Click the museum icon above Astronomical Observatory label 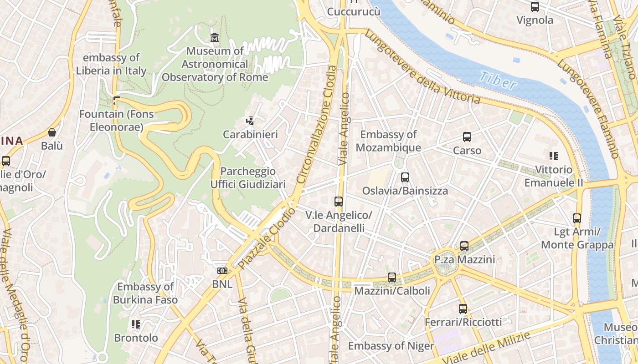(x=214, y=37)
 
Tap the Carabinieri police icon (x=250, y=121)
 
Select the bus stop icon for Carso (x=467, y=136)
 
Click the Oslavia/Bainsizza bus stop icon (x=405, y=177)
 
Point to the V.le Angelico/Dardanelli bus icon (x=338, y=201)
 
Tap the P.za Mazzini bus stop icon (x=464, y=246)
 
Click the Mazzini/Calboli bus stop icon (x=391, y=277)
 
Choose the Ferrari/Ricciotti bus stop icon (x=463, y=309)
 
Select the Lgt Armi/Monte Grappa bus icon (x=577, y=218)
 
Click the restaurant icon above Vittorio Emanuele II (x=554, y=156)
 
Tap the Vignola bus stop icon (x=535, y=7)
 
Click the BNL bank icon (x=222, y=271)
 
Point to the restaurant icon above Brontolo (x=135, y=324)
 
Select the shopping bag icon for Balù (x=52, y=132)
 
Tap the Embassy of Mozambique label (x=388, y=141)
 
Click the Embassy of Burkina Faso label (x=145, y=293)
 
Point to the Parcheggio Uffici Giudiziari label (x=248, y=177)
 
